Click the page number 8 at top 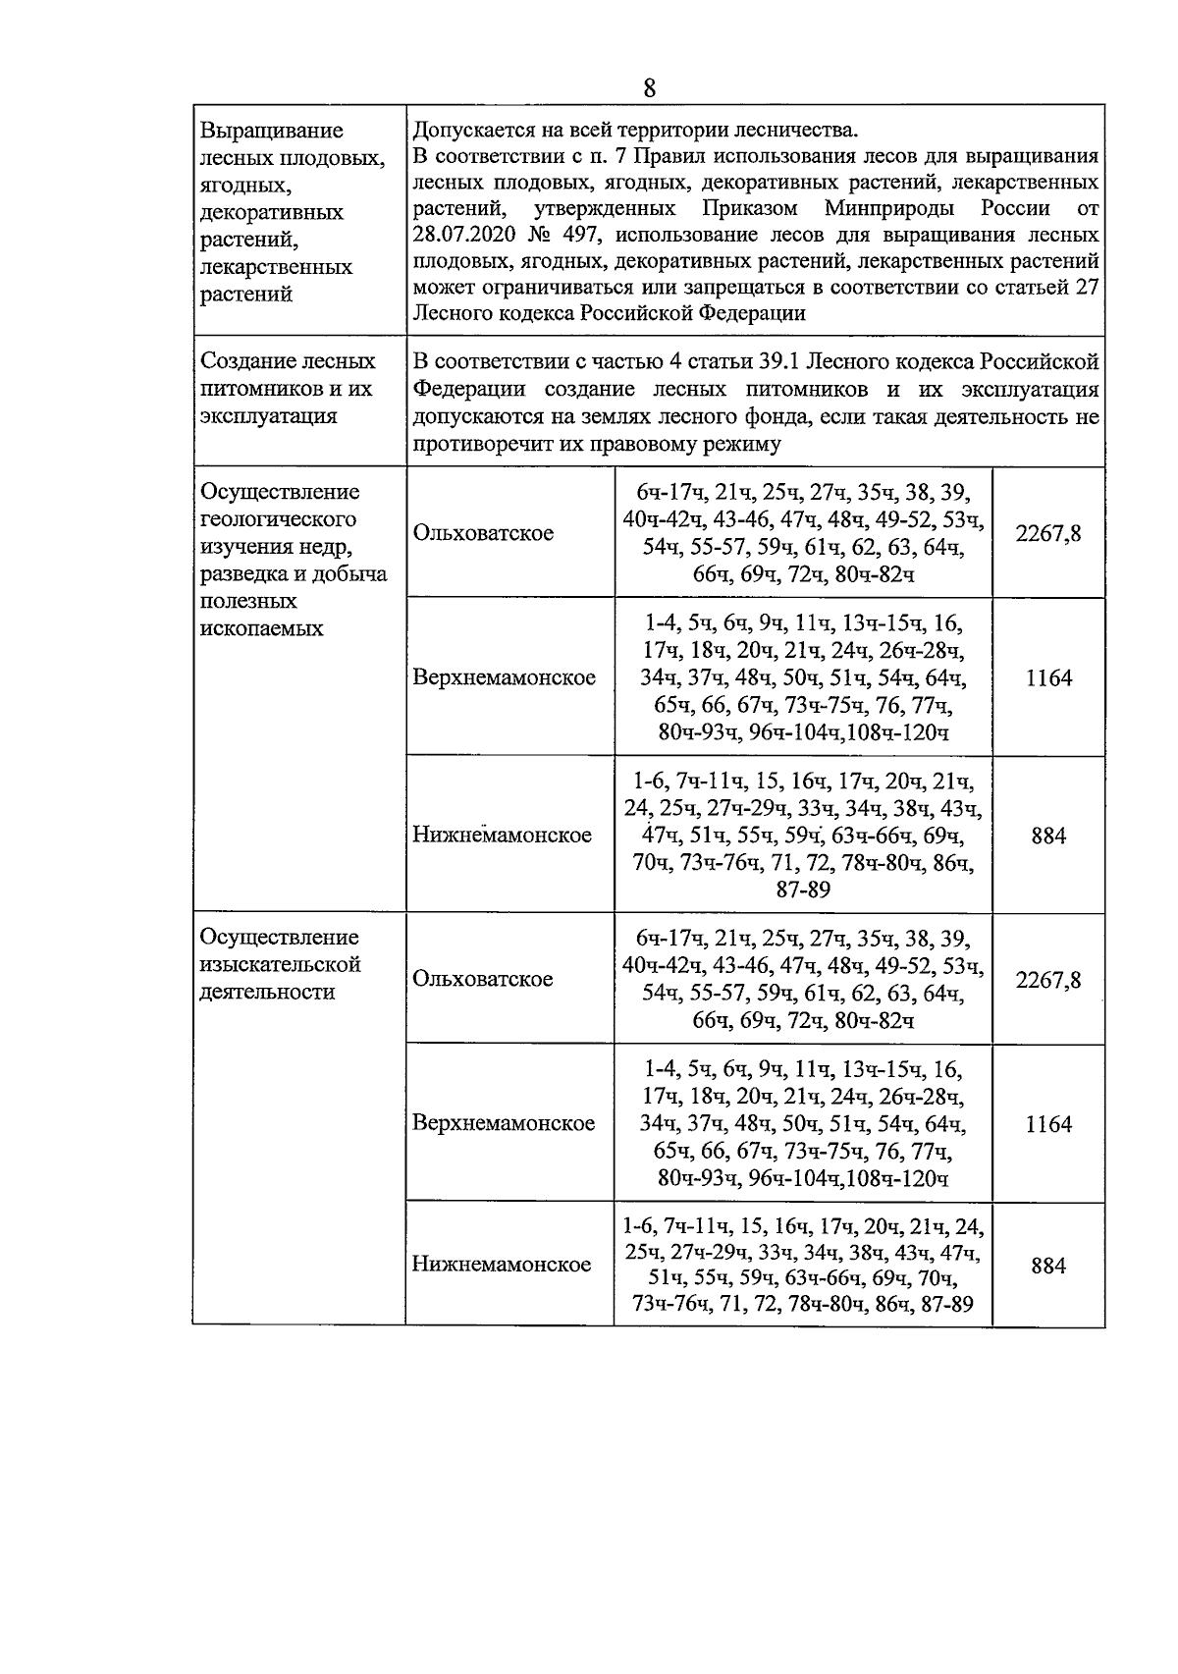point(649,88)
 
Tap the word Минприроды point(887,209)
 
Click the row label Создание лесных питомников point(288,361)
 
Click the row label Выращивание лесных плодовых point(271,131)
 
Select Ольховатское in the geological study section point(483,533)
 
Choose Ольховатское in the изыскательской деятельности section point(483,979)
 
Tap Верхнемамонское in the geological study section point(504,677)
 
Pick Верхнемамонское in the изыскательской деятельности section point(504,1123)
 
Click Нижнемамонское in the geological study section point(502,835)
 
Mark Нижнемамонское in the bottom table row point(502,1264)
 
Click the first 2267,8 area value point(1048,533)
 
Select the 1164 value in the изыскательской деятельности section point(1048,1124)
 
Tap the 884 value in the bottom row point(1048,1266)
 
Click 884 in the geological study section point(1048,837)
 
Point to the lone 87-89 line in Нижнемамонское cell point(803,891)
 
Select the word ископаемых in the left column point(261,628)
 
